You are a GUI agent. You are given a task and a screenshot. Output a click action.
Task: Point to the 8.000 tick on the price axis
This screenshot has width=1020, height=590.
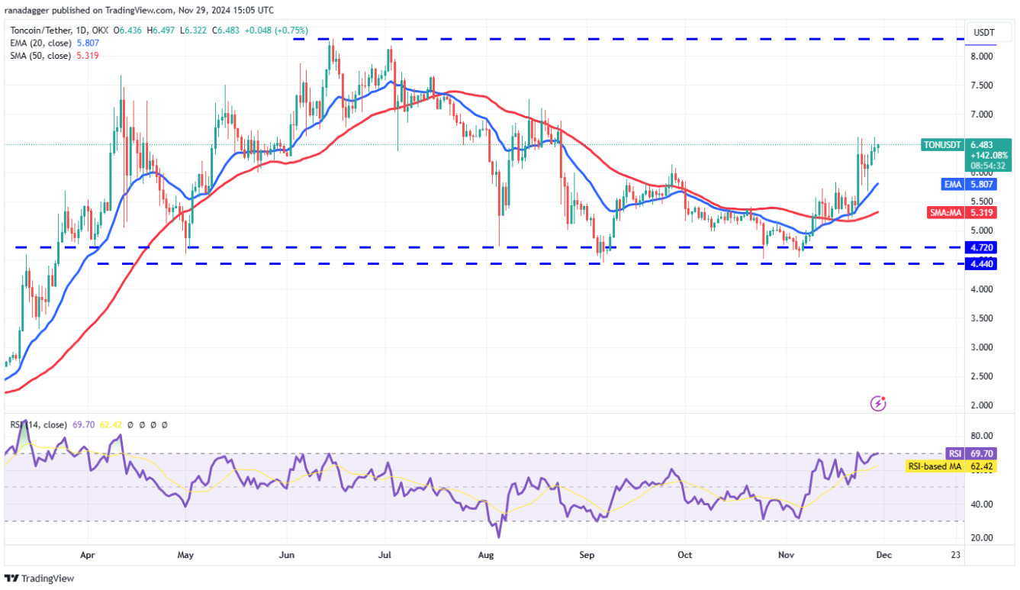pyautogui.click(x=981, y=56)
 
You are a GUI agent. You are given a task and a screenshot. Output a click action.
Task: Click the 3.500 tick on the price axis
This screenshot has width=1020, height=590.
pyautogui.click(x=981, y=318)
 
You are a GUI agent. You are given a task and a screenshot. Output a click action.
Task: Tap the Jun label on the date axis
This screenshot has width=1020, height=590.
pyautogui.click(x=287, y=555)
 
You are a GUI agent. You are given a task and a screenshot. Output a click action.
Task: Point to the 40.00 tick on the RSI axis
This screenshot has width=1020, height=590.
pyautogui.click(x=980, y=505)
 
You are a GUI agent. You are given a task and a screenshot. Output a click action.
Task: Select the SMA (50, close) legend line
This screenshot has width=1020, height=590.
pyautogui.click(x=51, y=56)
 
